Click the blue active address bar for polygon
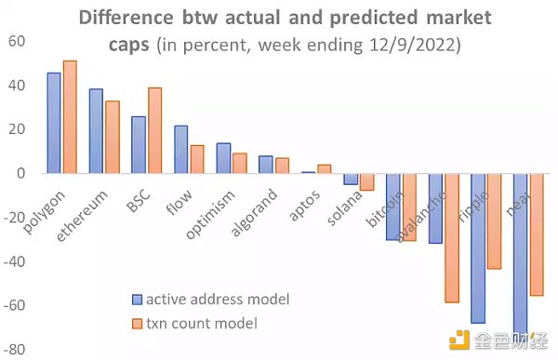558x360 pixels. coord(54,123)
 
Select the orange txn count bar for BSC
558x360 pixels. coord(154,130)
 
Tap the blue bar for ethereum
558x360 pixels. coord(96,131)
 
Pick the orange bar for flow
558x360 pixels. coord(197,159)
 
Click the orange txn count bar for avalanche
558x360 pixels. coord(452,238)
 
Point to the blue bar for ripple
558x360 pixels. coord(478,248)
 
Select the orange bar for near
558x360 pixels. coord(537,234)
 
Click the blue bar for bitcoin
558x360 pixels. coord(393,207)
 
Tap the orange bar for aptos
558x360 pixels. coord(325,168)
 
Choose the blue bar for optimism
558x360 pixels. coord(223,158)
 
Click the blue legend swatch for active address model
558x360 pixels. coord(137,300)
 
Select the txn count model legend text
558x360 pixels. coord(202,324)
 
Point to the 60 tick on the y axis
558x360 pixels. coord(17,41)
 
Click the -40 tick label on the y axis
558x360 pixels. coord(14,262)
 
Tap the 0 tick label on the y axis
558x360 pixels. coord(21,173)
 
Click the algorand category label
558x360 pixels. coord(253,212)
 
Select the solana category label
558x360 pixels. coord(344,208)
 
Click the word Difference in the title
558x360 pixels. coord(126,17)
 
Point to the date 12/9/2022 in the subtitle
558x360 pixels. coord(413,46)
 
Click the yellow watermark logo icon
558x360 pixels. coord(459,340)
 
